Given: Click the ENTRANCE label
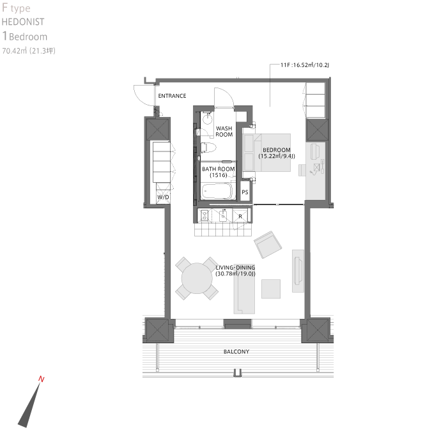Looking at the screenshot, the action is (172, 96).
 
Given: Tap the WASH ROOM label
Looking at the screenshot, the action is (224, 131).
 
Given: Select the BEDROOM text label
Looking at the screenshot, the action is (276, 150).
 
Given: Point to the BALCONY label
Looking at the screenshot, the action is (236, 351).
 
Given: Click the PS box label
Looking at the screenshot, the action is (245, 192).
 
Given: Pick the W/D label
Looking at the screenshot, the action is (163, 197).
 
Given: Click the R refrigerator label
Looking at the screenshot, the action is (240, 217).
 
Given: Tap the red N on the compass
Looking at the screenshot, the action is (41, 379).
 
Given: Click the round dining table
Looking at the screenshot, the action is (197, 279).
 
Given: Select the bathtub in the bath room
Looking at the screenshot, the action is (217, 191).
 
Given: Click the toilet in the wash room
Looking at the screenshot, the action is (208, 148).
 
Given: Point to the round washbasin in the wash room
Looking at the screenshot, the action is (208, 118).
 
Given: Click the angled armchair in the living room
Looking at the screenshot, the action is (268, 244).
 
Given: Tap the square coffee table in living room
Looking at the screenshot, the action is (271, 289).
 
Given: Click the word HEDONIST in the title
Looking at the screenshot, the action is (23, 22).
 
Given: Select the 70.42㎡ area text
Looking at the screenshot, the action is (14, 50).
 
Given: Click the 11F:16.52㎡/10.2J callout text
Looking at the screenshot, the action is (305, 65).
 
